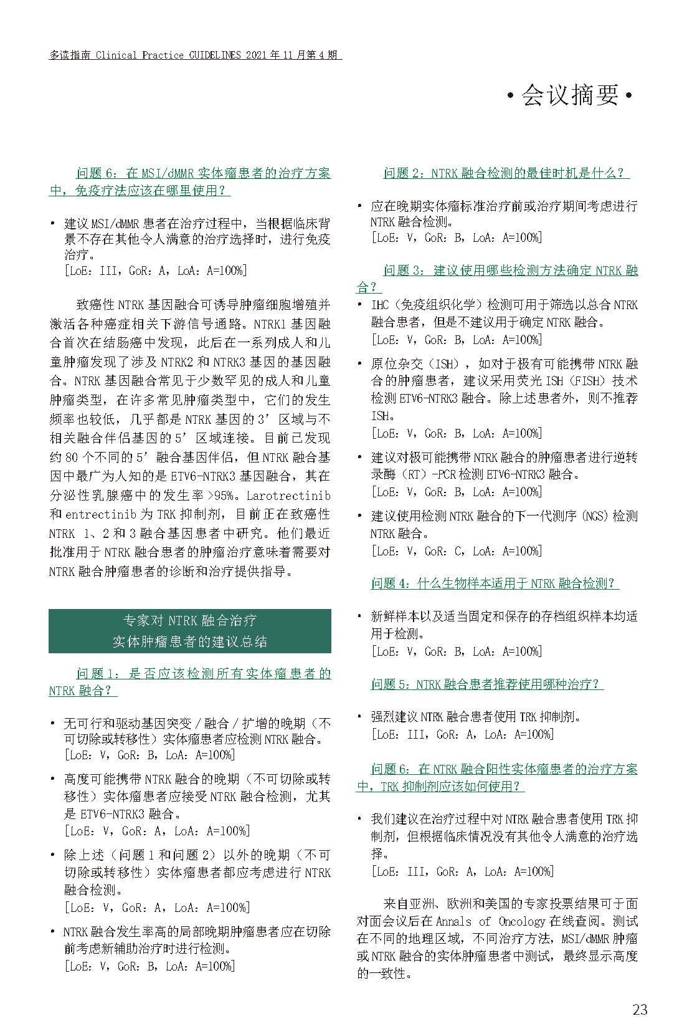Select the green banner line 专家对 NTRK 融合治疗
(189, 620)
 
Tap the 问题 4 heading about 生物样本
(495, 583)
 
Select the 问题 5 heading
(487, 684)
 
